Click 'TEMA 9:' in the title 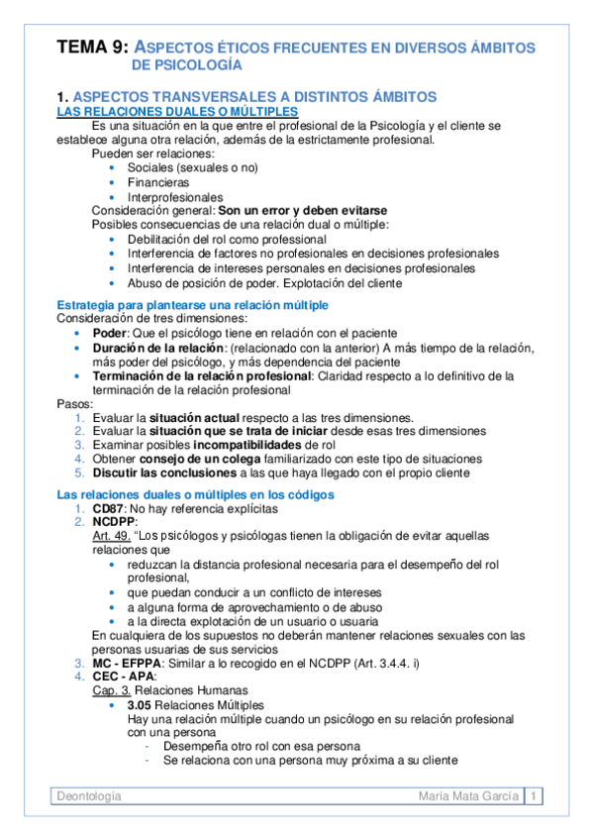point(92,47)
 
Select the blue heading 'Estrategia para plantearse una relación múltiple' point(193,304)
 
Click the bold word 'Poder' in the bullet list point(109,333)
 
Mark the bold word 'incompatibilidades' point(244,445)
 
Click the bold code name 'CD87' point(108,508)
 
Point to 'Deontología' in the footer point(89,795)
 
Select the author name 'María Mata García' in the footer point(469,795)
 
